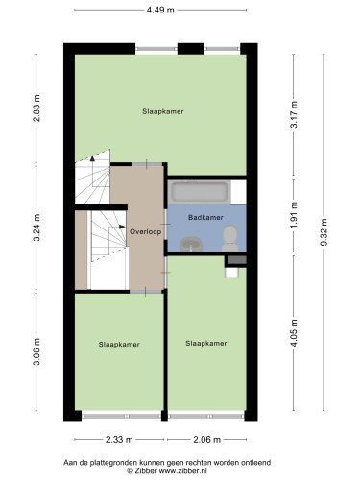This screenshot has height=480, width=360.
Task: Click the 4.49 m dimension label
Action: coord(160,10)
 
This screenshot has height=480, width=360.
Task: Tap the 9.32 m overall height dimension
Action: coord(324,232)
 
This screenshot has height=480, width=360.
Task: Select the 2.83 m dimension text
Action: coord(36,108)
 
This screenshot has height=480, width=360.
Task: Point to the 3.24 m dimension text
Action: coord(36,228)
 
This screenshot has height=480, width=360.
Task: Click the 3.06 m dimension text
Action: coord(36,351)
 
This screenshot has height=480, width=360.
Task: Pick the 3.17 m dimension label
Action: coord(294,114)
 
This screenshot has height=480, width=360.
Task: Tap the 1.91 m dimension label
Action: coord(294,215)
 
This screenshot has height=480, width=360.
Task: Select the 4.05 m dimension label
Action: coord(294,333)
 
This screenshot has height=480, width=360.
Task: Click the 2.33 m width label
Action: coord(119,440)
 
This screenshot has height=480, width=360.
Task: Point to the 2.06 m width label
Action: coord(206,440)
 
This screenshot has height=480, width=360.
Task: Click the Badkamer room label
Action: coord(205,218)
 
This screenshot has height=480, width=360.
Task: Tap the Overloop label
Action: coord(146,231)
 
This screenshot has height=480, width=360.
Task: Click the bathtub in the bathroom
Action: coord(199,192)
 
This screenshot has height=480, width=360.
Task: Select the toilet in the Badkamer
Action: coord(229,238)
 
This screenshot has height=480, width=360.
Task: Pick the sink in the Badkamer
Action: coord(191,245)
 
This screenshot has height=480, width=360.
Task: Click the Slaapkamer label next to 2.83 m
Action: coord(163,111)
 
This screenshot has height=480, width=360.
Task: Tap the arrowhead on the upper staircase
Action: coord(92,157)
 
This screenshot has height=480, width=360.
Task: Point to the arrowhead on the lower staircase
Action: coord(122,227)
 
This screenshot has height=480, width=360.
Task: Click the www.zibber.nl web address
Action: coord(183,470)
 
